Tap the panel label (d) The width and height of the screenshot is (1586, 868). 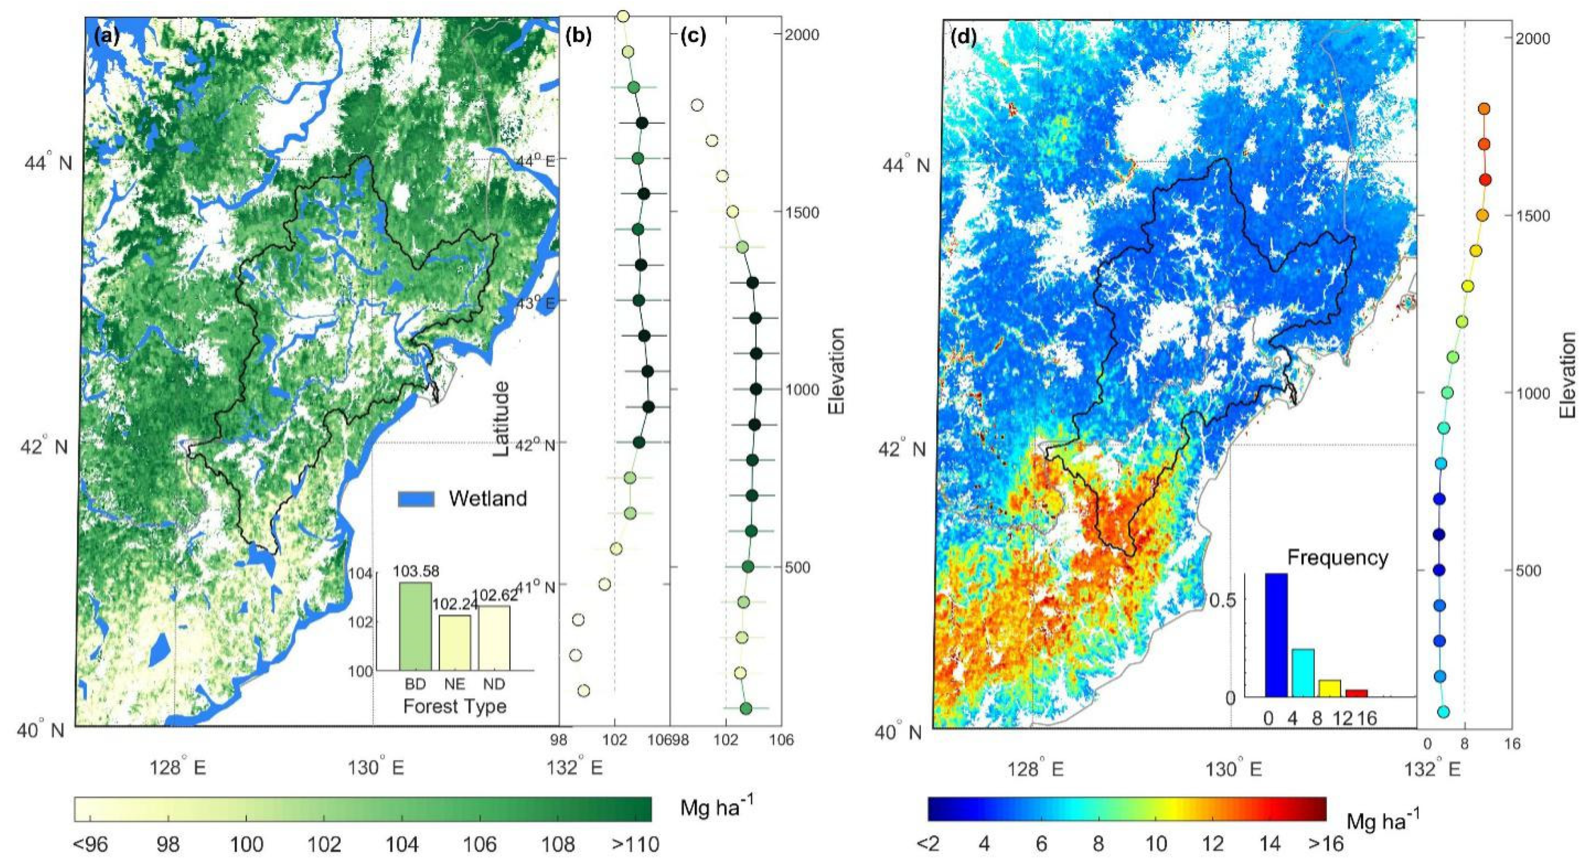[x=963, y=37]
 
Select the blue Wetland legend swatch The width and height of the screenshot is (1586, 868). [x=416, y=498]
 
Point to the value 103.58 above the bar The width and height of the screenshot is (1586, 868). [x=416, y=571]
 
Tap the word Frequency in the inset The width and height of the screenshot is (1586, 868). [x=1338, y=558]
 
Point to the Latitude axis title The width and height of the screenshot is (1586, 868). [x=502, y=418]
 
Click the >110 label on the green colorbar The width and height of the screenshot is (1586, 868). [x=635, y=844]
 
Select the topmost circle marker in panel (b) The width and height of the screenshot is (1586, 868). [x=623, y=16]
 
